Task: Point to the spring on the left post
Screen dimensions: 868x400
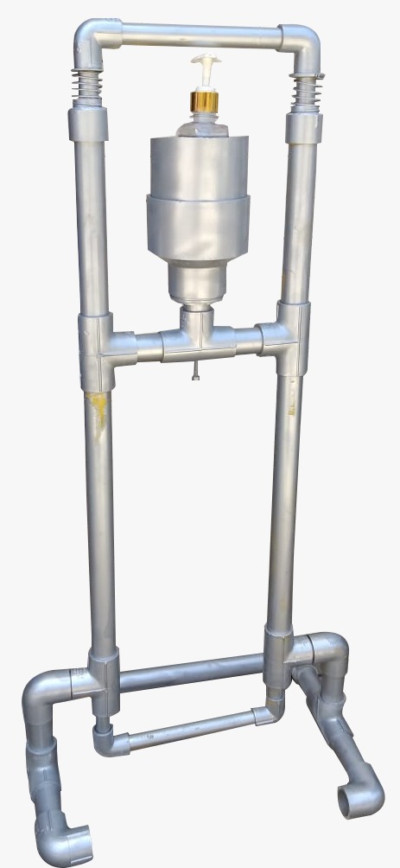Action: coord(88,86)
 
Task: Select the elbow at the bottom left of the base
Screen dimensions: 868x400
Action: coord(43,696)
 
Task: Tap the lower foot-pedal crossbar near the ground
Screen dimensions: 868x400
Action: coord(191,731)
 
